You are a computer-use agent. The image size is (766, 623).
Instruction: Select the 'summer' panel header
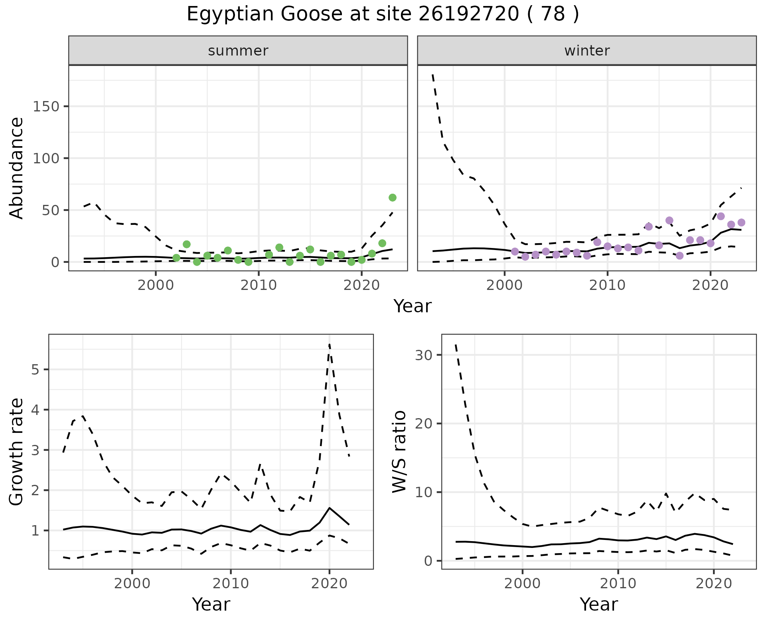[238, 51]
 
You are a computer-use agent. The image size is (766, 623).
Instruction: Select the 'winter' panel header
[586, 51]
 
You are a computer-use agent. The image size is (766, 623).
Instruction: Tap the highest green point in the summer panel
[392, 198]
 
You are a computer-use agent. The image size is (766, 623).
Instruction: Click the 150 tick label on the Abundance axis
[46, 107]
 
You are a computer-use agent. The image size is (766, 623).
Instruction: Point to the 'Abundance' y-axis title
[17, 168]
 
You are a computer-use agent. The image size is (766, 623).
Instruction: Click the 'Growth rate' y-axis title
[17, 451]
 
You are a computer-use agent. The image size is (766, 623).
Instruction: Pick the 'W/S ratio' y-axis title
[399, 451]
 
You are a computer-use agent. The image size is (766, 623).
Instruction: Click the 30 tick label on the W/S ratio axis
[424, 355]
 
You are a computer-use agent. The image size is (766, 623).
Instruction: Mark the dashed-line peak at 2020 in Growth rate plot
[330, 344]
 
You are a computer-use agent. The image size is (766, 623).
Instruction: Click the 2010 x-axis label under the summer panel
[259, 286]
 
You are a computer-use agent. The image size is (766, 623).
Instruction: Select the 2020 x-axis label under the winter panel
[710, 286]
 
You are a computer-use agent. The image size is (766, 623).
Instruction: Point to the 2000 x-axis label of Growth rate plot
[132, 583]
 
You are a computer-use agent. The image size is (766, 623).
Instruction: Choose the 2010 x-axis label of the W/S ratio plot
[618, 583]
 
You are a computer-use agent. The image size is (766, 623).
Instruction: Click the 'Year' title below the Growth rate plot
[211, 605]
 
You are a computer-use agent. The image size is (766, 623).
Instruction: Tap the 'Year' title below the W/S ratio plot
[598, 605]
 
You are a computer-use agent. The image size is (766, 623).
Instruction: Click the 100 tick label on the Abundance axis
[46, 159]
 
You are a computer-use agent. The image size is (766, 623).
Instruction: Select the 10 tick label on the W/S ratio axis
[424, 492]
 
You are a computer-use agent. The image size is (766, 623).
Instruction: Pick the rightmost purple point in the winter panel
[741, 222]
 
